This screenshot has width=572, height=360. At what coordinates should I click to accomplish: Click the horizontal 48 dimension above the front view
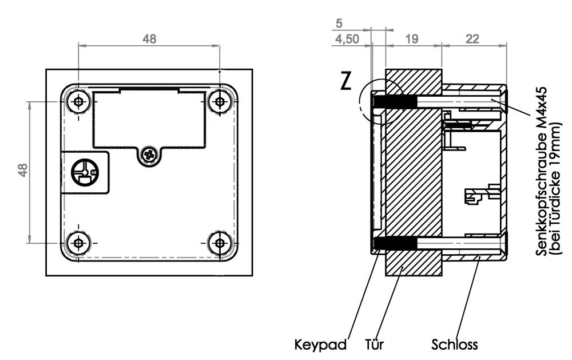[149, 39]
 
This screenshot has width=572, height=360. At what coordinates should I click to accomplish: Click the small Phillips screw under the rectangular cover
[150, 153]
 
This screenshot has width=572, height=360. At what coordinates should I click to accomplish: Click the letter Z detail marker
[345, 82]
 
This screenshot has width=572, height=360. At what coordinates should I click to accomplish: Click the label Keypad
[321, 345]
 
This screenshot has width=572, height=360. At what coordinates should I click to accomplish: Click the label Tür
[375, 345]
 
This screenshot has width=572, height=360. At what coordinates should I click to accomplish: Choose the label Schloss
[454, 345]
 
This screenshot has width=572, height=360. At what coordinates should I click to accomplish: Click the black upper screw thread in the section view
[395, 101]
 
